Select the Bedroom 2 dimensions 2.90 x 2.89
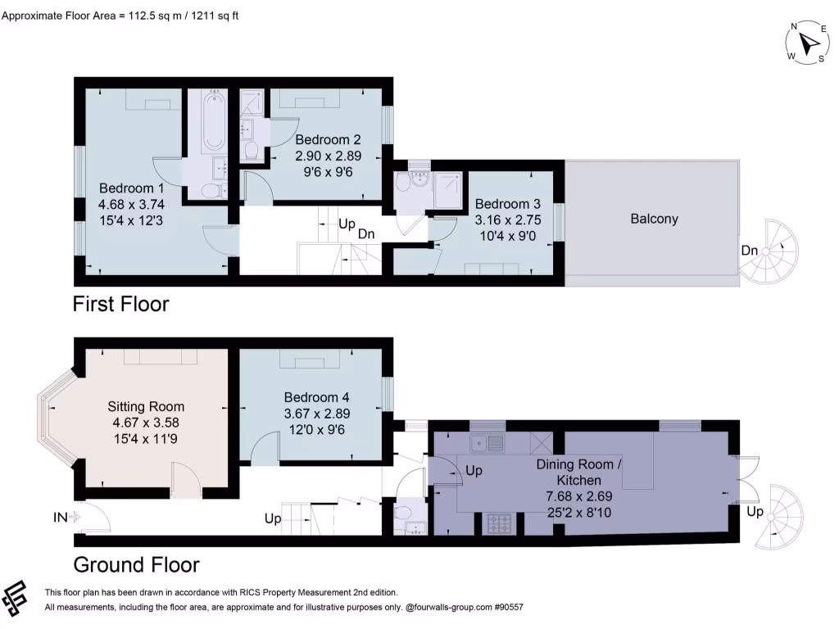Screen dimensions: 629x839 click(x=328, y=155)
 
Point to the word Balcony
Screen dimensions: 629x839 click(x=654, y=219)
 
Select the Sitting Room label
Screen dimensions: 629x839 click(x=146, y=406)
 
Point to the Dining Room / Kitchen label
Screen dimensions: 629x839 click(x=579, y=472)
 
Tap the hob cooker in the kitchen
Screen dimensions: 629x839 click(x=500, y=523)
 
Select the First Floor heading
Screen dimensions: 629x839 click(x=120, y=305)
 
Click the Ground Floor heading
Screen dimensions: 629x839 click(x=136, y=565)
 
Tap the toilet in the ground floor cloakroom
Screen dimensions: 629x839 click(x=402, y=513)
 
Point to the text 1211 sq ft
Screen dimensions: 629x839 click(x=214, y=15)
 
